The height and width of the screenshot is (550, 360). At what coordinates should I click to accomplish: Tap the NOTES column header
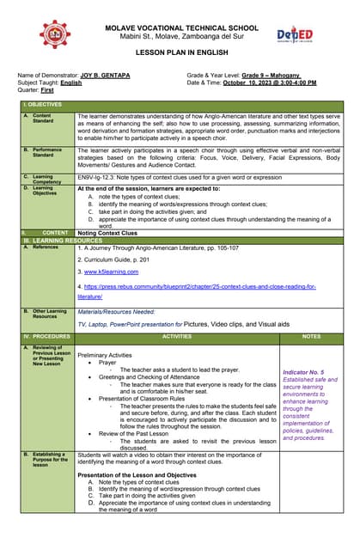click(311, 337)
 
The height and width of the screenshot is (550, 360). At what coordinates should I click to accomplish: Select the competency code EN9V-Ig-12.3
click(98, 176)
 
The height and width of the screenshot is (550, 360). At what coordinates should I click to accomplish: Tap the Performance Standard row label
click(47, 152)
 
